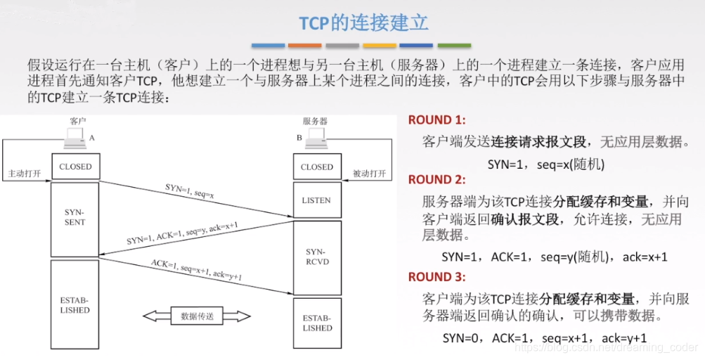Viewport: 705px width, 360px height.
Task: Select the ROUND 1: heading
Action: [436, 120]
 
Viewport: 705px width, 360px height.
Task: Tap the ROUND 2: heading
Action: [436, 179]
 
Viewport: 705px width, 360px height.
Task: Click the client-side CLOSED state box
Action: [75, 167]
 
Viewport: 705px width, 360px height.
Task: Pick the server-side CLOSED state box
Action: [316, 167]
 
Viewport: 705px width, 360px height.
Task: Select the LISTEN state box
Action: [316, 200]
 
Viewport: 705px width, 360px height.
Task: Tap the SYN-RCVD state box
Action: [316, 257]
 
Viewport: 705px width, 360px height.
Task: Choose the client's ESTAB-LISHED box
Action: [75, 305]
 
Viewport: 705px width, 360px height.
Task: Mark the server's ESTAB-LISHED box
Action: [316, 323]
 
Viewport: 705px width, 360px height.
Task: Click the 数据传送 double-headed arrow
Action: [198, 316]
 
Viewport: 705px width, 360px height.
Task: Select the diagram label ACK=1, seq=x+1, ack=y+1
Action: [196, 271]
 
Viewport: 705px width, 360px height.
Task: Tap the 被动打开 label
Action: [369, 174]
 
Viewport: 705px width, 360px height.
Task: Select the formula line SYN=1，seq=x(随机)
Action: [545, 164]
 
